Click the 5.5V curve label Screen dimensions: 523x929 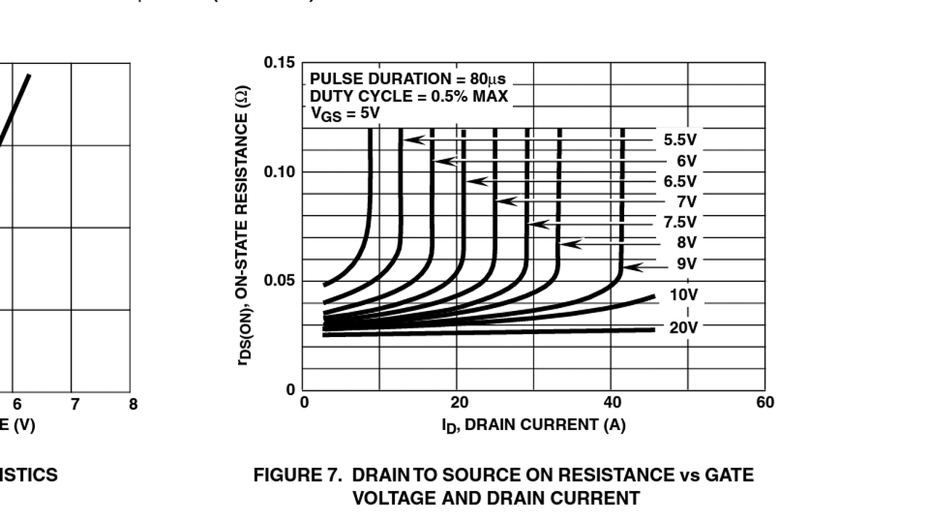pos(679,140)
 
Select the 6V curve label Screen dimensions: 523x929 pos(687,161)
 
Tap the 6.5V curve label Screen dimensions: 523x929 pos(679,181)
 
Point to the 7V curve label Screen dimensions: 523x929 pos(687,201)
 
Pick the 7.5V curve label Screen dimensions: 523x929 pos(679,222)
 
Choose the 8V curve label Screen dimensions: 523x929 pos(687,242)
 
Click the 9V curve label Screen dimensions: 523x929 pos(687,263)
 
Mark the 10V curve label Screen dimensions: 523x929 pos(684,295)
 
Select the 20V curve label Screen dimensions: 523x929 pos(684,328)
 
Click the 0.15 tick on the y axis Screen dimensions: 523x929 pos(279,62)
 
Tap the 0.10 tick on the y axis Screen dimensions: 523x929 pos(279,172)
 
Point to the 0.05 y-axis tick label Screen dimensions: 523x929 pos(279,281)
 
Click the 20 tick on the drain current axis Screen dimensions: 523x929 pos(459,403)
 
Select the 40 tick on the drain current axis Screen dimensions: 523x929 pos(613,403)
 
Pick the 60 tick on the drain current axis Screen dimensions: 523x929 pos(765,403)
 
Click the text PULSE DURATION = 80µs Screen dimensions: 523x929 pos(408,78)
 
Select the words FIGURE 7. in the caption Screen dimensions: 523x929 pos(297,475)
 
